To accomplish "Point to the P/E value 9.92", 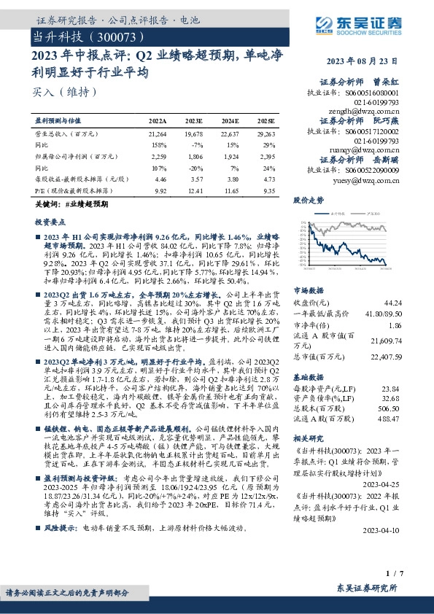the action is coord(158,190).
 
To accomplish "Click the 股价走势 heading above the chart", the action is coord(308,198).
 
